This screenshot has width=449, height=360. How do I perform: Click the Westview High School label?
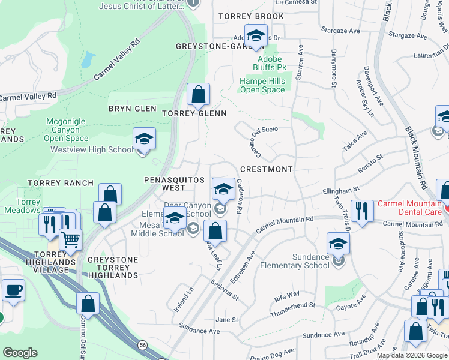pyautogui.click(x=92, y=150)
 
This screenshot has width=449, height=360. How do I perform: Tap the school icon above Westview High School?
pyautogui.click(x=144, y=139)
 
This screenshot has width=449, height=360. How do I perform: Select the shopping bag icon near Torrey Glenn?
pyautogui.click(x=198, y=95)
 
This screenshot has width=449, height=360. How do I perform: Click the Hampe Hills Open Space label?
pyautogui.click(x=262, y=85)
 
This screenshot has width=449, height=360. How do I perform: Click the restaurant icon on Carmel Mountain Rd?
pyautogui.click(x=362, y=211)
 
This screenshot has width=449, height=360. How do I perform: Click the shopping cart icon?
pyautogui.click(x=71, y=240)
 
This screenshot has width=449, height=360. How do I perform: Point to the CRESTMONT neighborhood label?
pyautogui.click(x=267, y=169)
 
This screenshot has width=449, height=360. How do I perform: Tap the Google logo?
pyautogui.click(x=20, y=353)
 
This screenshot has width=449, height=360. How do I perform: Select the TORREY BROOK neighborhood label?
pyautogui.click(x=251, y=16)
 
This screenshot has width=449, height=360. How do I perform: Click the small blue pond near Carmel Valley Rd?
pyautogui.click(x=89, y=59)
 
